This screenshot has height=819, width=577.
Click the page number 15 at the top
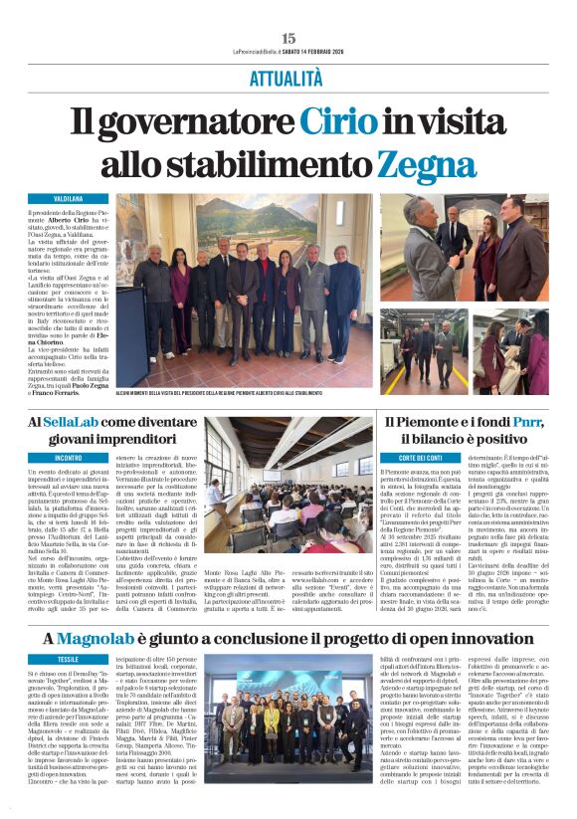288,38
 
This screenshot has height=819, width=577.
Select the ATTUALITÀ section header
288,76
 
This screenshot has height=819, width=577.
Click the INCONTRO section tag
68,459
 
